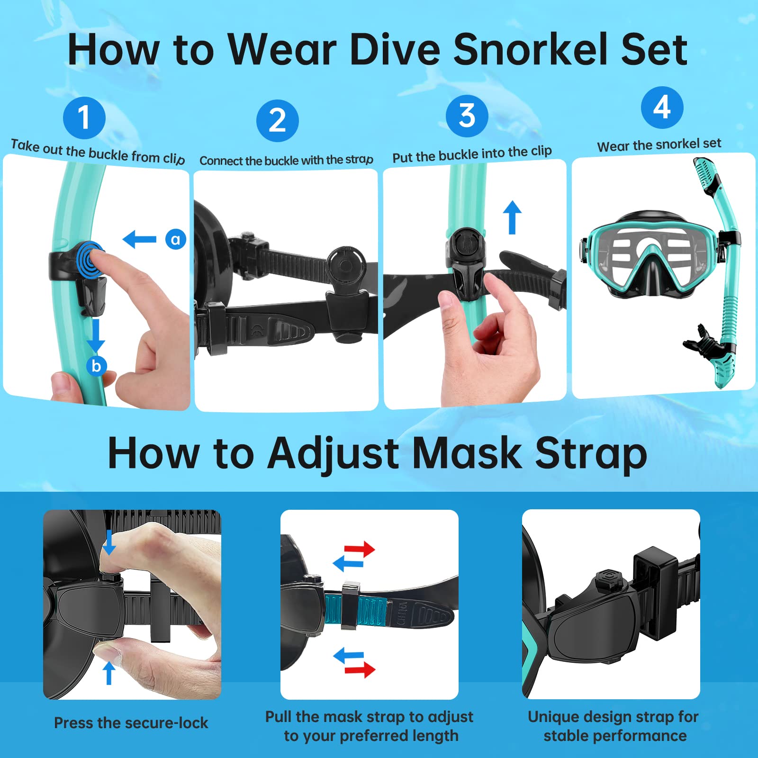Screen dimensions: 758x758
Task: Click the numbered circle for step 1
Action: click(x=84, y=117)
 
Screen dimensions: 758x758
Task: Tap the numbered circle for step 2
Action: click(x=277, y=121)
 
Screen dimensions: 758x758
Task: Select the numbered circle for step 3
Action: click(x=467, y=116)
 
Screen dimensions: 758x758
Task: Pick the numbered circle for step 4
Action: click(x=662, y=108)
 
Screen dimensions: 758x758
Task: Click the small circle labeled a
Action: click(x=175, y=239)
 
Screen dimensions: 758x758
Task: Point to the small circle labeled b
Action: click(x=96, y=366)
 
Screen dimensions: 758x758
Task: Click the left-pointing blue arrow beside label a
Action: click(x=139, y=239)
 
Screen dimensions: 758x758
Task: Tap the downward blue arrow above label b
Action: click(x=96, y=335)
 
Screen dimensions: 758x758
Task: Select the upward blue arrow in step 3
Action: click(x=512, y=217)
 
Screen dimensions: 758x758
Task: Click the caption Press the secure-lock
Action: click(x=131, y=723)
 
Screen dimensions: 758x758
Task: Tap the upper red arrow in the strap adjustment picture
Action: click(x=360, y=550)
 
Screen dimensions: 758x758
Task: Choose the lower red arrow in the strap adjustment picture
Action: click(x=360, y=669)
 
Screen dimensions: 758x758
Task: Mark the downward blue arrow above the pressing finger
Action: click(x=109, y=543)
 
